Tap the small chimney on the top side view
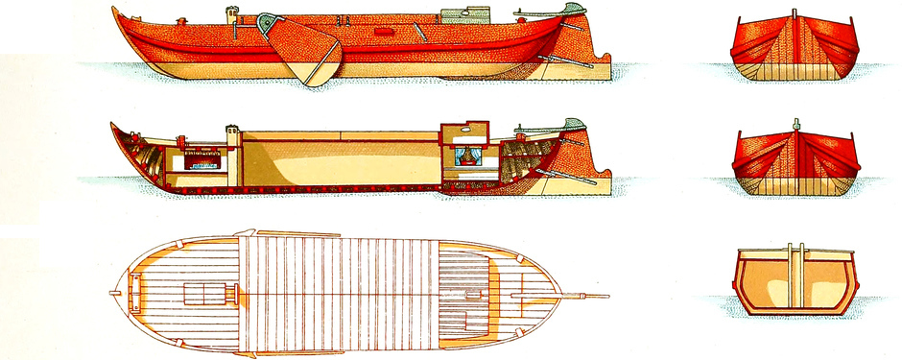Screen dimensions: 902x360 click(x=231, y=15)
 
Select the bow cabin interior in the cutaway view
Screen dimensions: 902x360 click(x=202, y=159)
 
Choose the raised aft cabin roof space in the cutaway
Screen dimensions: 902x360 click(x=463, y=132)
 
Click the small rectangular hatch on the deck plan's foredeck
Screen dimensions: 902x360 click(x=203, y=295)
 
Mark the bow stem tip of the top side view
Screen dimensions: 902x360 click(x=113, y=11)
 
